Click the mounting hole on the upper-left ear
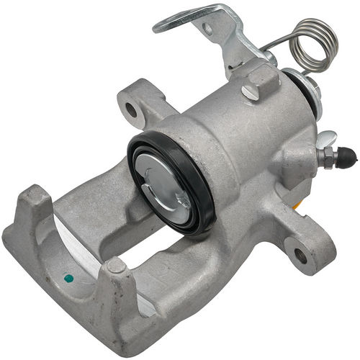(131, 110)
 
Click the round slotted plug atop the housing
(251, 92)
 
